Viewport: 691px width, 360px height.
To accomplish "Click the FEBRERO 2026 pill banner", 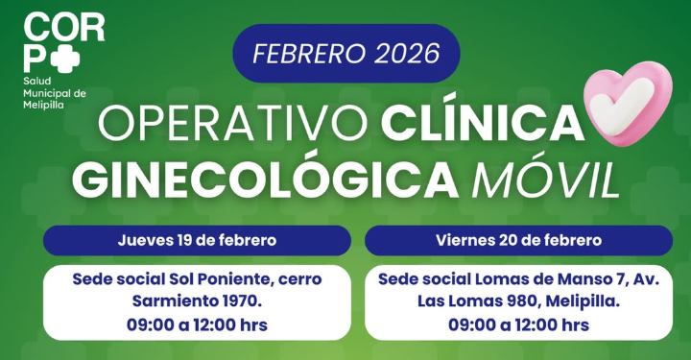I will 345,53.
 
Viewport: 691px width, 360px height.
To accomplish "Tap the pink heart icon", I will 631,107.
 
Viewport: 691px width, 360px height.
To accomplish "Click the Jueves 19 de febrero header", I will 197,240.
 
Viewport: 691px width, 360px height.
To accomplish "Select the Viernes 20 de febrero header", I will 518,240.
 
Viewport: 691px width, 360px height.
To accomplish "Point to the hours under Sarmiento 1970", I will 197,325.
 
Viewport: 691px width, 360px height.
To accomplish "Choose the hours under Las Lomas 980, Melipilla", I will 518,325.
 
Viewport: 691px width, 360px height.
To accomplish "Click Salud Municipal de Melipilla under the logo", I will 55,93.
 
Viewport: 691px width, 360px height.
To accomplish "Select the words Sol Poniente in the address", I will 206,279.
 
